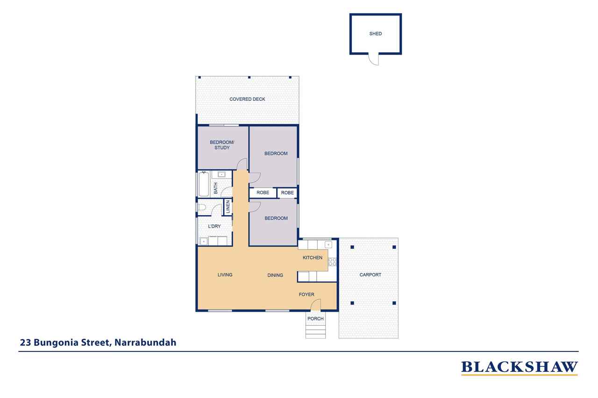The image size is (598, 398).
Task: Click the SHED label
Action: click(375, 34)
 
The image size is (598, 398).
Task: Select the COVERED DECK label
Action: click(247, 99)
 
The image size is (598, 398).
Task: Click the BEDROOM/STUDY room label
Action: click(222, 145)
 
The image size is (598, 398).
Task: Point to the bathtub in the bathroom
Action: click(204, 184)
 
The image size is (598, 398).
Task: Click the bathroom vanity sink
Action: click(221, 175)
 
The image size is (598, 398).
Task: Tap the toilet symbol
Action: click(201, 207)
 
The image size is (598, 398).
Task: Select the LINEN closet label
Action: click(228, 207)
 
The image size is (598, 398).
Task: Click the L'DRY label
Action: click(214, 226)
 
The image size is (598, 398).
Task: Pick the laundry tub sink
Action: click(204, 241)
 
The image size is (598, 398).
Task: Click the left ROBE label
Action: click(263, 193)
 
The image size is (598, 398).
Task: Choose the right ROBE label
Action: click(287, 193)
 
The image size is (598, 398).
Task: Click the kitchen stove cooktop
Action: click(332, 261)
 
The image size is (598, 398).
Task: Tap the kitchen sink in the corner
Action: click(328, 244)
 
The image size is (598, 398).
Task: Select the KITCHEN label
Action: click(313, 258)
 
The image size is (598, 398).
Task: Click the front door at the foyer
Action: click(315, 305)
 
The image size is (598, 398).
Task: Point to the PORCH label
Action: click(315, 319)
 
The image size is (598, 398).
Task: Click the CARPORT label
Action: click(370, 275)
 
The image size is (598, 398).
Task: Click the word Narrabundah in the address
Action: click(145, 342)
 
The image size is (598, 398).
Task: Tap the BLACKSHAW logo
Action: click(519, 368)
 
